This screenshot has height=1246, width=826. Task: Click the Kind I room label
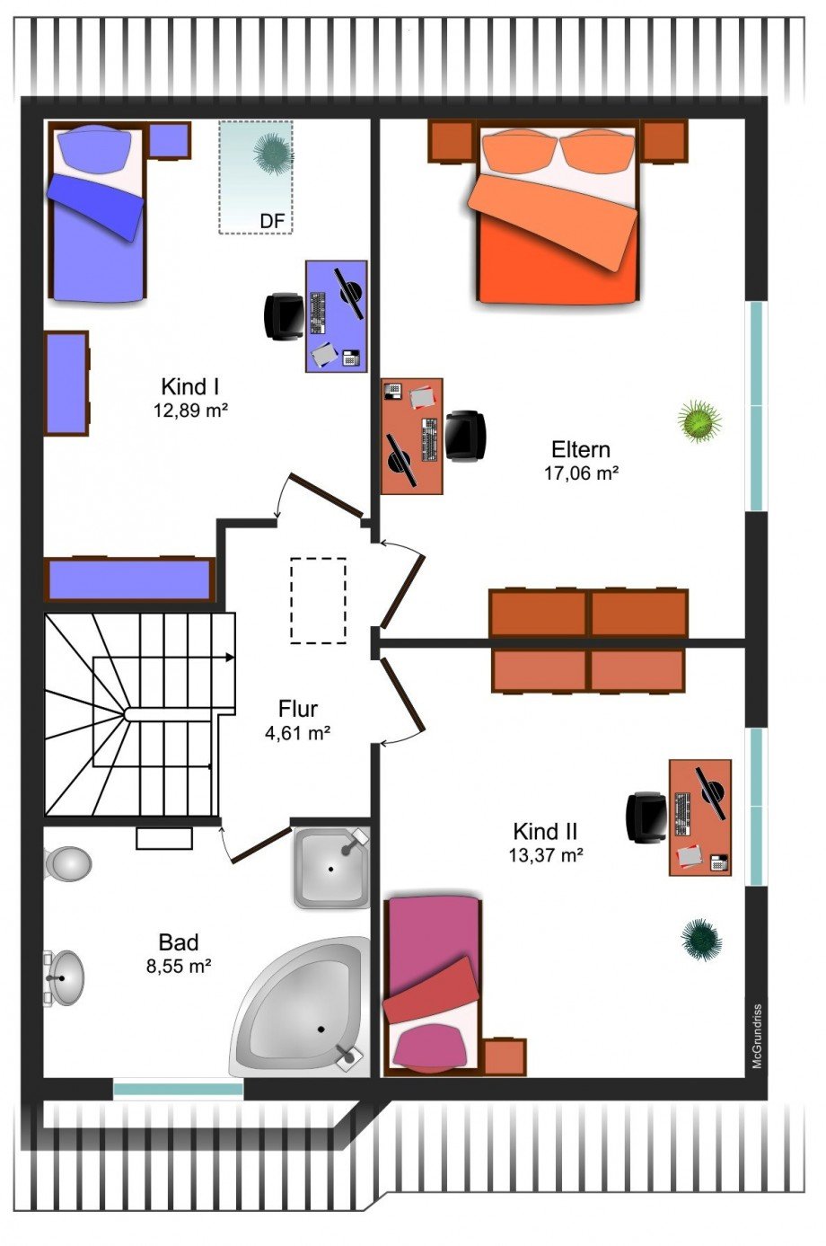click(189, 386)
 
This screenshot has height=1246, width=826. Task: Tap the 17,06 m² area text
click(581, 473)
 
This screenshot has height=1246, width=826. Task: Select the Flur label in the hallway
click(298, 709)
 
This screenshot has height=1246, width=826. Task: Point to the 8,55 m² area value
click(179, 967)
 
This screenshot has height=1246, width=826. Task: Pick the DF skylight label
click(272, 221)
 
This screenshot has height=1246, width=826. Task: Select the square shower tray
click(331, 869)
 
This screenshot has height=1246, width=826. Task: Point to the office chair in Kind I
click(284, 316)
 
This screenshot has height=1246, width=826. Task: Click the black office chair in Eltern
click(465, 436)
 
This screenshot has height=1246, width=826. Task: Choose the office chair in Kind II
click(647, 817)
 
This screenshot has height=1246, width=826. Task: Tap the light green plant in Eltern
click(699, 421)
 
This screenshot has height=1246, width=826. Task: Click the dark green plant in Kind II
click(701, 940)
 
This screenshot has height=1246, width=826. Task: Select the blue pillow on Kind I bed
click(96, 147)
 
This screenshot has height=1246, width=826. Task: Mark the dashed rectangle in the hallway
click(318, 601)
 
